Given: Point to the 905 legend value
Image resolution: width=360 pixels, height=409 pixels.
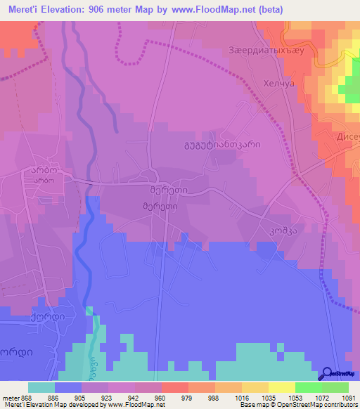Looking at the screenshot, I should pos(67,397).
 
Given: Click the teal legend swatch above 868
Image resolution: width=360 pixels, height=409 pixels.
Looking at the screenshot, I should pos(41,387).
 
